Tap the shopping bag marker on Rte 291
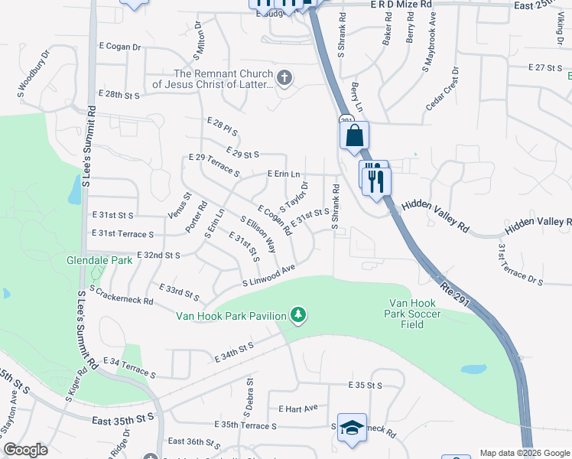[354, 136]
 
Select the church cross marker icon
[284, 76]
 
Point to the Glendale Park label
[99, 260]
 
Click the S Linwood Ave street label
[268, 275]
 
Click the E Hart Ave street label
[297, 409]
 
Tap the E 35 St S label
[364, 385]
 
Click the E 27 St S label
[546, 68]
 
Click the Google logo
[25, 450]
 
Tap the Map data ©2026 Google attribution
[524, 453]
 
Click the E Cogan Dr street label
[121, 47]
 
